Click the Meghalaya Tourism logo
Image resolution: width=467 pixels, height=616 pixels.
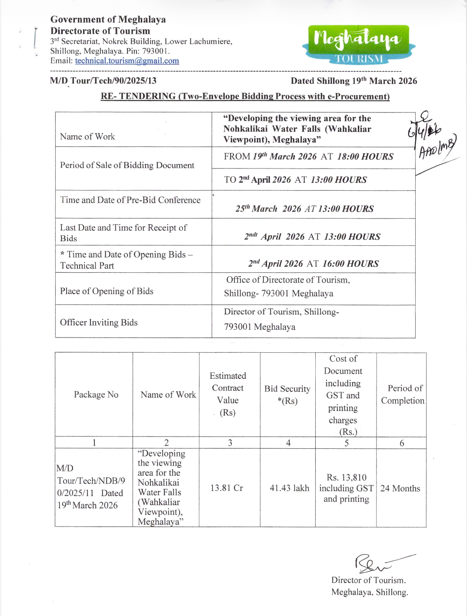(x=358, y=44)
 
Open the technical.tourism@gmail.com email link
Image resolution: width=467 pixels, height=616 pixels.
(x=127, y=61)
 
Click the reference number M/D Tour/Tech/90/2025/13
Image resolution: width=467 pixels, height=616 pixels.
(x=103, y=81)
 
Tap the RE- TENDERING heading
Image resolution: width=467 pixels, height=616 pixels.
(x=245, y=96)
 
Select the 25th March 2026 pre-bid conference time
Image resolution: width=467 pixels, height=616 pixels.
(x=304, y=209)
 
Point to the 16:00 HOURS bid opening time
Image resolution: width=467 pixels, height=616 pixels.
(x=350, y=264)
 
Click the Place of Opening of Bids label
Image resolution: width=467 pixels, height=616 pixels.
(x=107, y=291)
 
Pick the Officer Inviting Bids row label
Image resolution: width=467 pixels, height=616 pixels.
(x=99, y=322)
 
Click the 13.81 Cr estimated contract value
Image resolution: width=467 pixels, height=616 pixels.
(x=227, y=488)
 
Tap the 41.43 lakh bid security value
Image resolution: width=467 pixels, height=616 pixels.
(x=289, y=488)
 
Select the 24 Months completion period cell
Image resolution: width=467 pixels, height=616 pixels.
(x=400, y=488)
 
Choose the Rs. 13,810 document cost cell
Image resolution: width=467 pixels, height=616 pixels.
(x=346, y=488)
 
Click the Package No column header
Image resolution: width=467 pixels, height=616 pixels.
(x=96, y=394)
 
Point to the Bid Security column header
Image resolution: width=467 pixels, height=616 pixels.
(x=287, y=394)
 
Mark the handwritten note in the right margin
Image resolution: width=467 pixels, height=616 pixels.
(x=430, y=139)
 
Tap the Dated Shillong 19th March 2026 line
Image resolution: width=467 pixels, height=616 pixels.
(x=354, y=81)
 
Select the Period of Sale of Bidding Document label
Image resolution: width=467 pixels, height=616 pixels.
(x=127, y=165)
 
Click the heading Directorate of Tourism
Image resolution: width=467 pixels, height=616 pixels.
(x=100, y=31)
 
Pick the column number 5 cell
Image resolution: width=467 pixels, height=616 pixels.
(x=347, y=443)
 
